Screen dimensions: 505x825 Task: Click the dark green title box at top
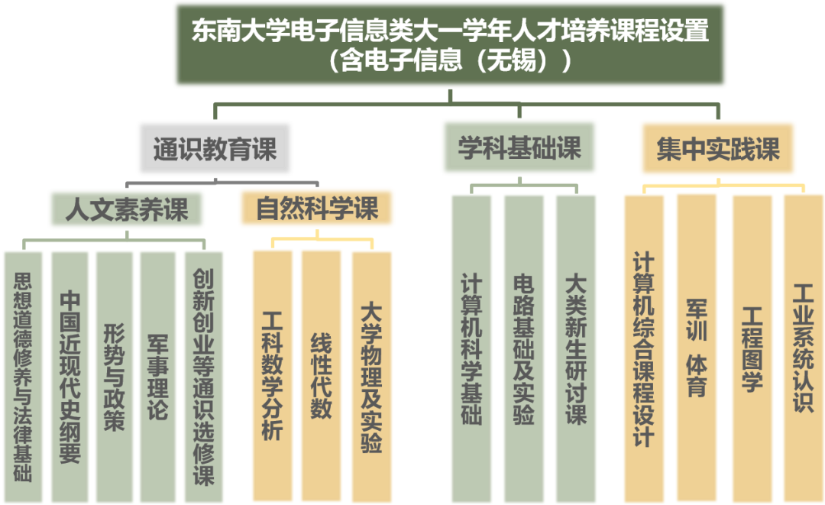450,44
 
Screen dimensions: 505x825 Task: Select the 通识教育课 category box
215,148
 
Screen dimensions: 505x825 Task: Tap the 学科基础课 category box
519,147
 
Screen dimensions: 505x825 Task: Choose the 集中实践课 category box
717,148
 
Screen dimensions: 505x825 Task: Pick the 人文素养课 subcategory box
126,209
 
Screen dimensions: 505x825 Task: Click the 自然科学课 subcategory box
316,208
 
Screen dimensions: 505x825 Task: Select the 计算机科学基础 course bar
471,348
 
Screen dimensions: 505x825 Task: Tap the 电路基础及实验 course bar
523,348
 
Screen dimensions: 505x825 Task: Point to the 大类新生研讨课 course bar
575,348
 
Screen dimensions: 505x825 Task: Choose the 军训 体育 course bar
697,348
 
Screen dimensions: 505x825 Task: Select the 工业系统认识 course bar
803,348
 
